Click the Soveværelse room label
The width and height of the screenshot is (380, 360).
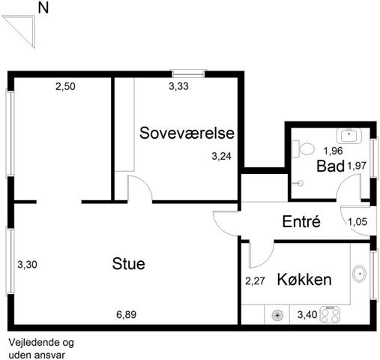coord(187,133)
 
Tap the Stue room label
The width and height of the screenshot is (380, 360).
coord(128,263)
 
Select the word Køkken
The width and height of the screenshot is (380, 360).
coord(304,279)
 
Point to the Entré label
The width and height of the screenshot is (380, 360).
coord(301,221)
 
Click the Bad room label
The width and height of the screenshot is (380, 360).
coord(331,166)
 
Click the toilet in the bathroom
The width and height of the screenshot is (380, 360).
coord(303,149)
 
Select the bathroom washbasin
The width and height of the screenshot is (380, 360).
coord(349,136)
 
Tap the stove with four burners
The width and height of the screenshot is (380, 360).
coord(331,315)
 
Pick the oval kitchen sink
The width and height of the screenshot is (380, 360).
coord(359,274)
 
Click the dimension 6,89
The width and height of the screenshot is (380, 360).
coord(127,314)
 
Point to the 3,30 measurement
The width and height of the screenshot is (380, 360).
coord(27,264)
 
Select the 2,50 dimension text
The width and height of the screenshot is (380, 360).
coord(65,86)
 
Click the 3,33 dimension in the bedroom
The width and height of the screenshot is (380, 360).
coord(178,86)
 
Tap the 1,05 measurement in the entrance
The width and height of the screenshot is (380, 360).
coord(358,221)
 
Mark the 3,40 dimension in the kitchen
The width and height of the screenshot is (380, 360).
coord(307,314)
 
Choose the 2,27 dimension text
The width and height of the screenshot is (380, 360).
coord(255,281)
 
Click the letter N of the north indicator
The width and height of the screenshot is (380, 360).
coord(43,8)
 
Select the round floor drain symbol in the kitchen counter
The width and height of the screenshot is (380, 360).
coord(277,315)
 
